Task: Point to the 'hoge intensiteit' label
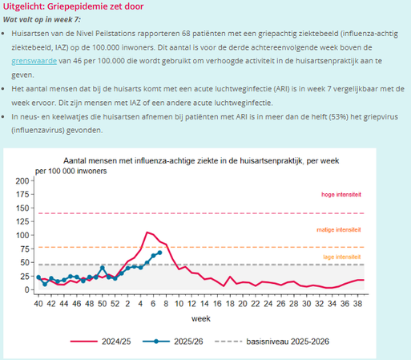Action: [340, 195]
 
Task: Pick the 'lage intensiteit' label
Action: [340, 256]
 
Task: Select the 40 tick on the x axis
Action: [38, 305]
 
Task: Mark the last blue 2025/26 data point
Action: [159, 253]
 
